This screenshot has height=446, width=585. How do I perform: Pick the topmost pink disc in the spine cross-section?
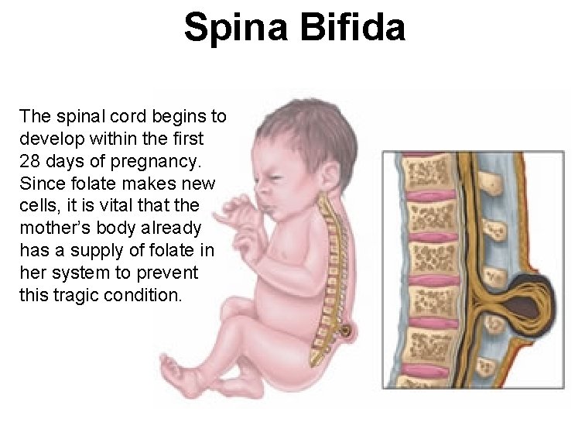(x=433, y=196)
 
